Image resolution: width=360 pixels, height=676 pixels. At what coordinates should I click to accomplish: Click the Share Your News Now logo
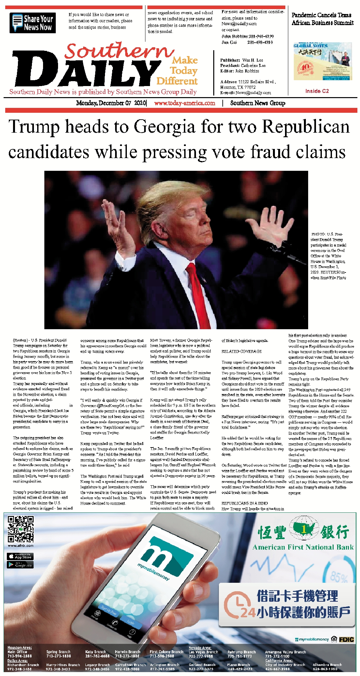(x=33, y=23)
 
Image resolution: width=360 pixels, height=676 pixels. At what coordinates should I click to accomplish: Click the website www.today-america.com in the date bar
(x=185, y=103)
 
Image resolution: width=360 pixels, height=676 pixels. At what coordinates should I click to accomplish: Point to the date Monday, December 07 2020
(x=111, y=103)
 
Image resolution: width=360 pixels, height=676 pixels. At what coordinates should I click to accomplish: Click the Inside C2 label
(x=317, y=91)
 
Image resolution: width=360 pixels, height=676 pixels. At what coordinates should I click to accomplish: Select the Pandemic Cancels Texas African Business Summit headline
(x=322, y=19)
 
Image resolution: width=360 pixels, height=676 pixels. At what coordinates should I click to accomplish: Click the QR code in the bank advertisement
(x=21, y=529)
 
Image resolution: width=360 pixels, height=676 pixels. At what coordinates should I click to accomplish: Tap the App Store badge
(x=20, y=556)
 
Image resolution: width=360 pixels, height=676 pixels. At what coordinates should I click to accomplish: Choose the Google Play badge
(x=20, y=565)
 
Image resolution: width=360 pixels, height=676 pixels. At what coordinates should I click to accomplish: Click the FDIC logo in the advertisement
(x=346, y=639)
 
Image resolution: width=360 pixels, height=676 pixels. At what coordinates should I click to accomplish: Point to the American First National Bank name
(x=303, y=547)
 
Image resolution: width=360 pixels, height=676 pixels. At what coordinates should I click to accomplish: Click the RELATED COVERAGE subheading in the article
(x=242, y=351)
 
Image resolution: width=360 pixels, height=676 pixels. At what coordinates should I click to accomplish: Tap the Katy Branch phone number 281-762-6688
(x=97, y=656)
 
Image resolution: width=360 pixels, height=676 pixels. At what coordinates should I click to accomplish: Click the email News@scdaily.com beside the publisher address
(x=253, y=93)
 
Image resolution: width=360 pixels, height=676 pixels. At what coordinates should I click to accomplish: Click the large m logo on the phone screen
(x=161, y=554)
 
